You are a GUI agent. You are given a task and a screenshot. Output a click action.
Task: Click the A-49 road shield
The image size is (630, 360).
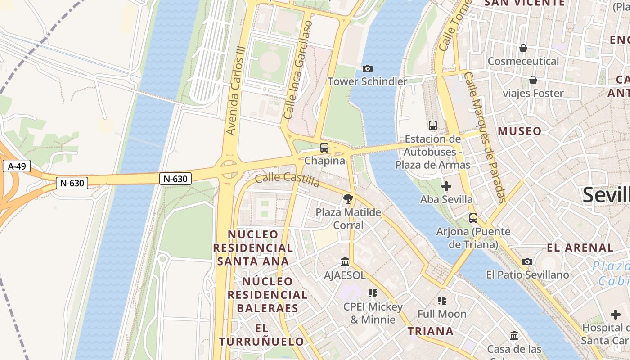[17, 166]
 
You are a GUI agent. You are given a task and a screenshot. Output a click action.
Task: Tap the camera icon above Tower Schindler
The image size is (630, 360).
[368, 68]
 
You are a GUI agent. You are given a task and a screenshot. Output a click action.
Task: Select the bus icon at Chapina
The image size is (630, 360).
[324, 147]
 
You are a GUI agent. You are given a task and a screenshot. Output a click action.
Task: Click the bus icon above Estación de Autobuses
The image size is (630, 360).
[433, 126]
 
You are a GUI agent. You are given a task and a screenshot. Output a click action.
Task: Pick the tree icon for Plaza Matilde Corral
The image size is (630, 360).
[348, 198]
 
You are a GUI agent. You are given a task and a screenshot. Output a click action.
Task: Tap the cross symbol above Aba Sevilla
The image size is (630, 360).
[446, 186]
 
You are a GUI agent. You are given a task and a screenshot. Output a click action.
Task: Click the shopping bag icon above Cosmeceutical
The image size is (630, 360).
[523, 48]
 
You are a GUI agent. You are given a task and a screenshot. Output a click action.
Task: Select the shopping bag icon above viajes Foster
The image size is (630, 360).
[533, 80]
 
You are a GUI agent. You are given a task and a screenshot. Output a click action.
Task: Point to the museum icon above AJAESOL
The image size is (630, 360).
[345, 261]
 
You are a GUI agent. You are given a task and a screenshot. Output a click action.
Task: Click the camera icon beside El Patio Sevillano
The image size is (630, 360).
[527, 261]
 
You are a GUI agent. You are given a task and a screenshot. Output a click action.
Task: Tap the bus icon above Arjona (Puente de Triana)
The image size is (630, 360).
[473, 218]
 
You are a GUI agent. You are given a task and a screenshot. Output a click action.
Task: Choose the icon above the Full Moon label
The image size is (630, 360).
[442, 300]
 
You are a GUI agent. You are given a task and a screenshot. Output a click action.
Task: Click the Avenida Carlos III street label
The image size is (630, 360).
[236, 90]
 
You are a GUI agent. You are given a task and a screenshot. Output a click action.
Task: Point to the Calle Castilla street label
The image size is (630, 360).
[287, 179]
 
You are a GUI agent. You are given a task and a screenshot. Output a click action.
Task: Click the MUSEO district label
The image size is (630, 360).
[520, 131]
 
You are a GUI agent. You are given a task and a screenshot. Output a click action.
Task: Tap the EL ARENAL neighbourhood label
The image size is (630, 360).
[580, 247]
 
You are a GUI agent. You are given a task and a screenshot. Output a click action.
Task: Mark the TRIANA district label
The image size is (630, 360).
[431, 331]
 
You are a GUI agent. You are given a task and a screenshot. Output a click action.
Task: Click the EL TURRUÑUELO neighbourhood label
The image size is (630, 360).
[261, 334]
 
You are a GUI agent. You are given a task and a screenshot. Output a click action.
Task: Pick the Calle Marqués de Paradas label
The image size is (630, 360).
[486, 137]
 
